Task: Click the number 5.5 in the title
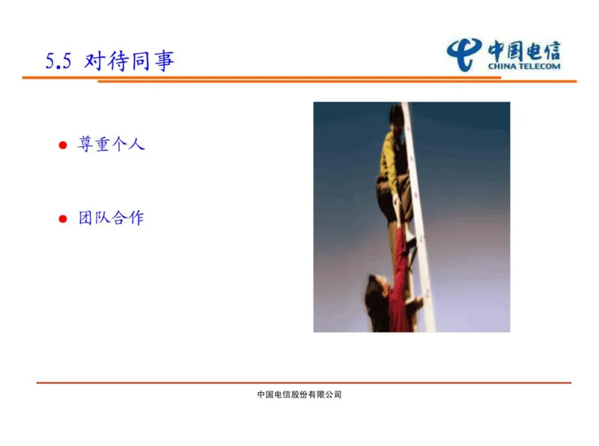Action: coord(58,62)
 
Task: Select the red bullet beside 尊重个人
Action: coord(63,145)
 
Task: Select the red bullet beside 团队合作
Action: coord(63,219)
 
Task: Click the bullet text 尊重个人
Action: coord(111,144)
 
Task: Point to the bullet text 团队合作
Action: coord(111,219)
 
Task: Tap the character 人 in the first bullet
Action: coord(136,144)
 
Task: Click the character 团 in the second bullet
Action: coord(86,219)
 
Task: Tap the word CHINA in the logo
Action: coord(502,66)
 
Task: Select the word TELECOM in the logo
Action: coord(539,66)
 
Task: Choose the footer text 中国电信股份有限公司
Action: coord(299,394)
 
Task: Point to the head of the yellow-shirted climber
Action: coord(396,115)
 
